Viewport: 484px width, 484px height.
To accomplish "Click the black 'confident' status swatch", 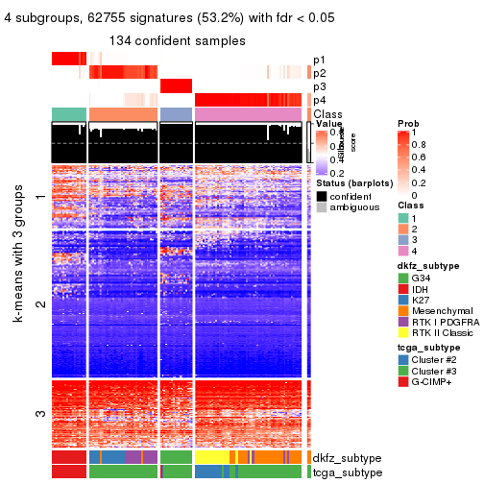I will (322, 195).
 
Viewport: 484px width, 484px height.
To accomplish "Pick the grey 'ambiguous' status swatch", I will (322, 207).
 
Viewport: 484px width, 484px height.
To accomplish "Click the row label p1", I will (319, 60).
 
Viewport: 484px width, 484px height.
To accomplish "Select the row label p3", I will (319, 86).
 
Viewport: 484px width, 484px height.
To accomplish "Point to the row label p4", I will (319, 100).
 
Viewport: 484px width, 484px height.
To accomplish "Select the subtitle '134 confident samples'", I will (178, 40).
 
